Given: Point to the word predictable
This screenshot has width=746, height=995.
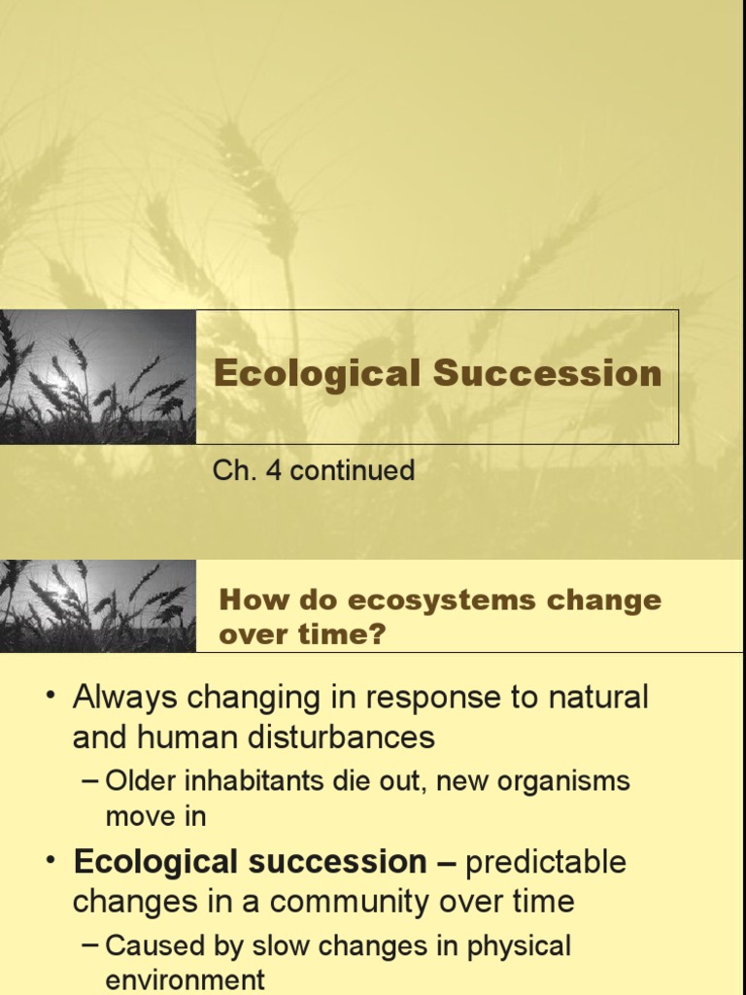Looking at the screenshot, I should [x=546, y=862].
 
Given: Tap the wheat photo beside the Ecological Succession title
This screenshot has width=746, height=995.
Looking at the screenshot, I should [x=97, y=377].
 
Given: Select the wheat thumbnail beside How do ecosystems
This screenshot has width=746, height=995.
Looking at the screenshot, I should [x=97, y=605].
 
